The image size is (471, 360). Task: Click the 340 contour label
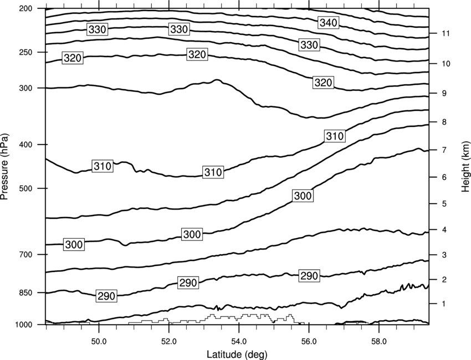click(329, 23)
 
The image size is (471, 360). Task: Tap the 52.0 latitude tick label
click(169, 342)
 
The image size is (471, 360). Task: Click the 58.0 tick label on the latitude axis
click(379, 342)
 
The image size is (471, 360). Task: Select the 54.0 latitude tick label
click(239, 342)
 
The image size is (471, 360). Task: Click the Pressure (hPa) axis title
click(4, 166)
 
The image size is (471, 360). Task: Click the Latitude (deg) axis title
click(237, 354)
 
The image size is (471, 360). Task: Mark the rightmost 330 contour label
click(309, 45)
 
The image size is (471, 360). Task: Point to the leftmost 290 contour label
click(106, 296)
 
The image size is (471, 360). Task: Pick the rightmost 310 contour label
click(335, 136)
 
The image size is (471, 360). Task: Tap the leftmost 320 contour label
click(73, 58)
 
